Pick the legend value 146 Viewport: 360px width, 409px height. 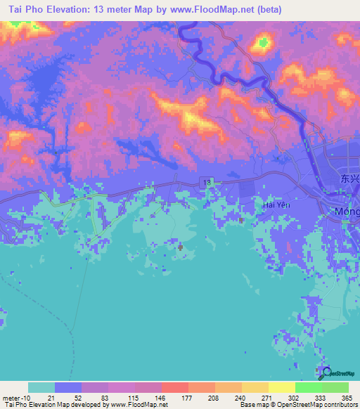coord(161,397)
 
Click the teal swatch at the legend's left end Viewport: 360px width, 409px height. coord(41,387)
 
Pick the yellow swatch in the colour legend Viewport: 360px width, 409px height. coord(281,387)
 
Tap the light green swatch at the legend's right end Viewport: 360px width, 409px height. coord(335,387)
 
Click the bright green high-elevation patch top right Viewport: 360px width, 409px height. coord(263,44)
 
